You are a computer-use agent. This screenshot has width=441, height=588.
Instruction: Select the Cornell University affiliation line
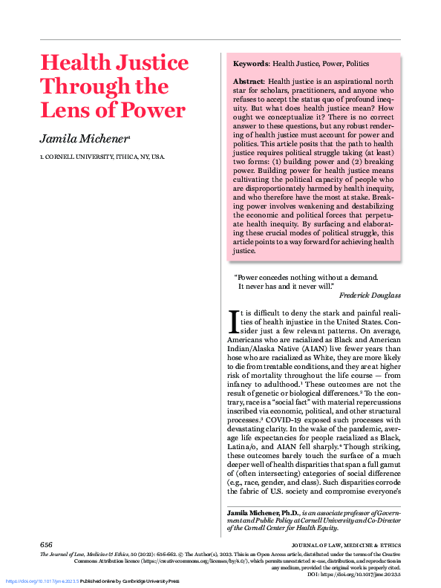102,157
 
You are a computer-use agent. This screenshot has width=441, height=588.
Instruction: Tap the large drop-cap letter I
233,320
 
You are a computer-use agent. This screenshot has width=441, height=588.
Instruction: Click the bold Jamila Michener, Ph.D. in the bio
265,513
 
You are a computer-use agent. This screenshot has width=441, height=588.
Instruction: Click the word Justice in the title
151,63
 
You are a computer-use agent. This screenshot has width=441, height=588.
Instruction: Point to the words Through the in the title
104,87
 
